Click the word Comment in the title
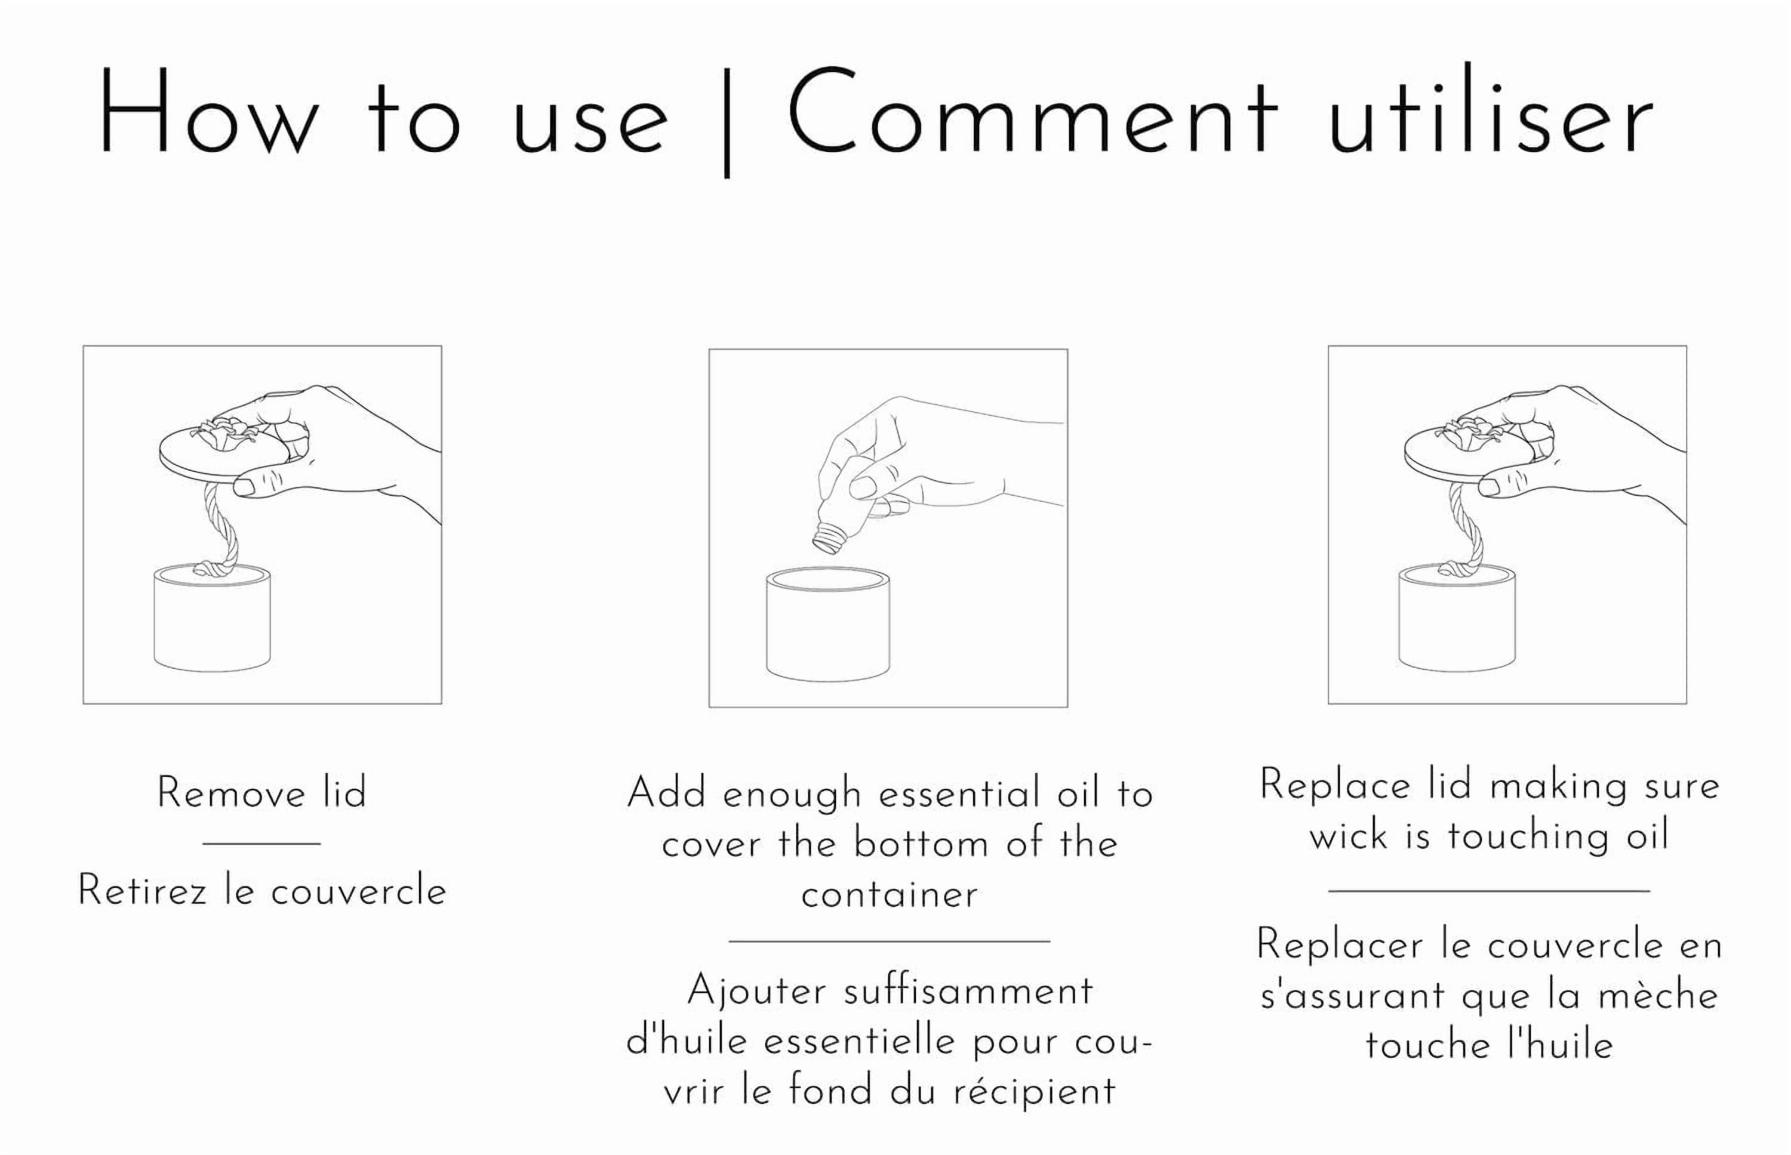(x=1031, y=113)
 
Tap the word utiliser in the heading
(x=1490, y=113)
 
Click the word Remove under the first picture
(x=231, y=793)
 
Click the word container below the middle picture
(x=889, y=895)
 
